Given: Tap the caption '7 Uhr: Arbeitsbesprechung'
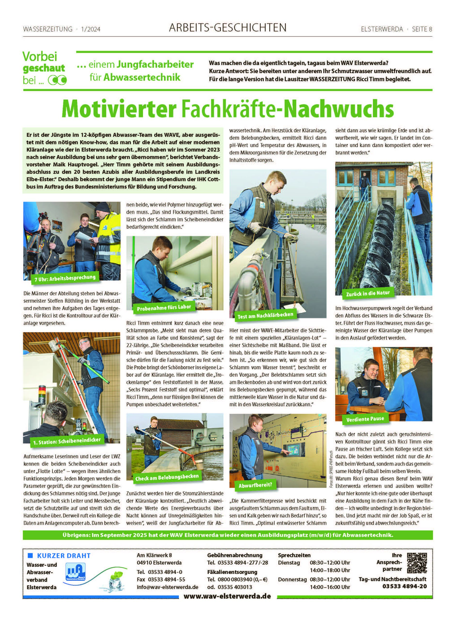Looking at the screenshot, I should coord(65,278).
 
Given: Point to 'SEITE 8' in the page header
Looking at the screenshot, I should coord(422,29).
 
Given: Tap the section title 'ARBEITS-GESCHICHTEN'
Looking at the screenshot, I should coord(228,28).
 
